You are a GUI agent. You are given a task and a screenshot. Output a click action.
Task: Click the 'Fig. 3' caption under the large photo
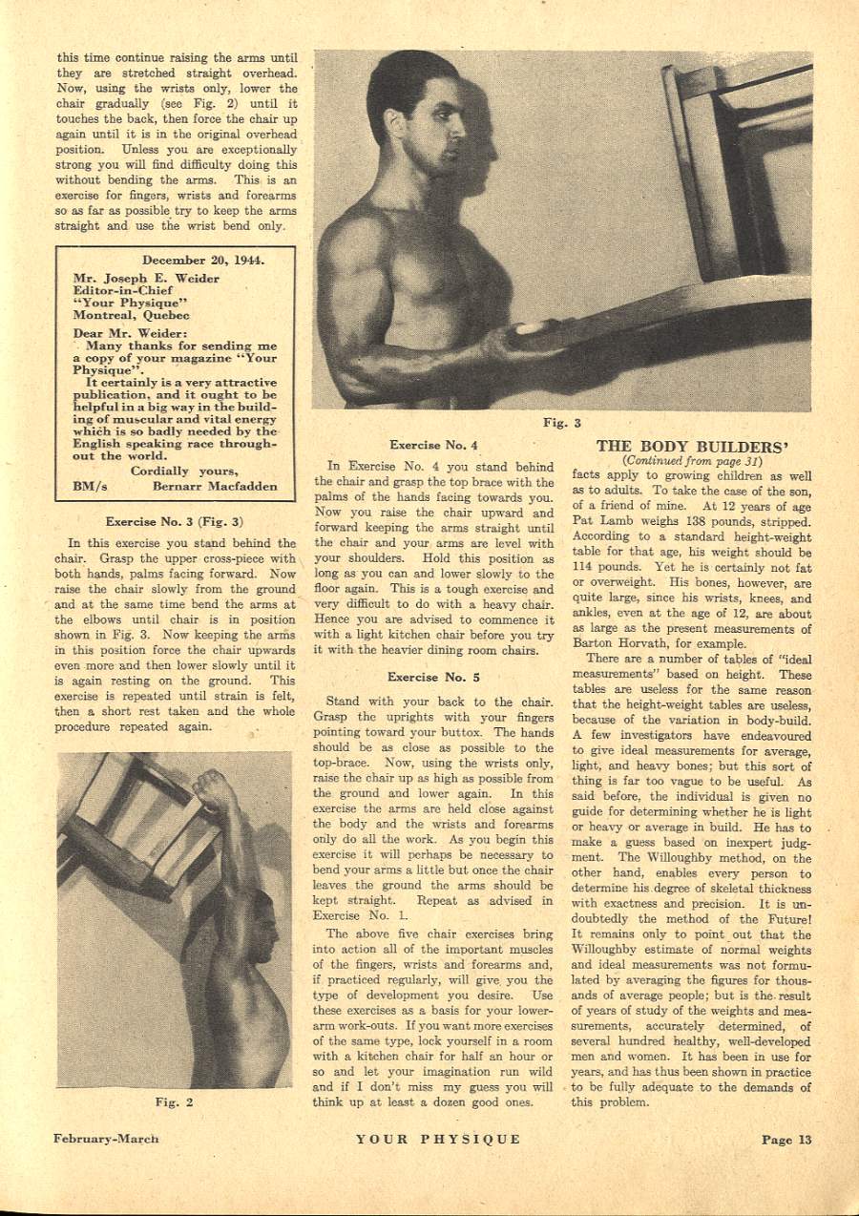(x=562, y=423)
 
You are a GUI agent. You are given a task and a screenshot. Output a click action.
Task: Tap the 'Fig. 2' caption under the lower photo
(x=175, y=1101)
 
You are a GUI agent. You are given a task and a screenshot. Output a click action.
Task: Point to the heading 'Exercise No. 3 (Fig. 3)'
(x=174, y=522)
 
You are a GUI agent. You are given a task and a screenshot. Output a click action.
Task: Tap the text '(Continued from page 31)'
(x=692, y=460)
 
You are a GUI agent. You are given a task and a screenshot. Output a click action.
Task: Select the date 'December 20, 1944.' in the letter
(x=203, y=260)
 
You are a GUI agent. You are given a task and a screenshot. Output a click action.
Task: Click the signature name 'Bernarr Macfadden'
(x=215, y=486)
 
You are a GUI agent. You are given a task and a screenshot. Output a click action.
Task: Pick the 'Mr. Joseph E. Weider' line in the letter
(x=146, y=279)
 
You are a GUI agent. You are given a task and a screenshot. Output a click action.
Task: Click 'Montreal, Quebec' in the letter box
(x=131, y=315)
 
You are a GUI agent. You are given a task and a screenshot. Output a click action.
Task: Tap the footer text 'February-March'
(x=106, y=1139)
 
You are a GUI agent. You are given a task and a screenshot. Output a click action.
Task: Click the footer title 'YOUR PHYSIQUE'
(x=438, y=1139)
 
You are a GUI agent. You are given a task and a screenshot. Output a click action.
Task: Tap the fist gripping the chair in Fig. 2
(x=212, y=791)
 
